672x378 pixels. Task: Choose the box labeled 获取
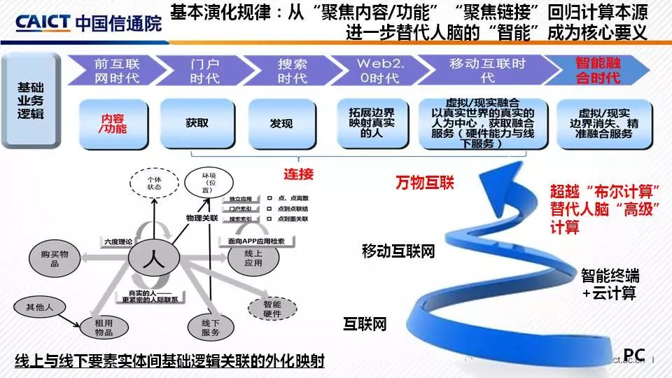(x=197, y=123)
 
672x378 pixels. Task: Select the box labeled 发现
(x=281, y=123)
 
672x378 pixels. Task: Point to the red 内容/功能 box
(x=112, y=123)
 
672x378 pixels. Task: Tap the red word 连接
(x=298, y=174)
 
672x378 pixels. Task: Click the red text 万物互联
(x=424, y=183)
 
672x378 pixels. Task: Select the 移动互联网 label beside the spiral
(x=398, y=251)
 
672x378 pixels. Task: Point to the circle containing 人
(x=152, y=261)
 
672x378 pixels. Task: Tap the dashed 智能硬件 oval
(x=272, y=309)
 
